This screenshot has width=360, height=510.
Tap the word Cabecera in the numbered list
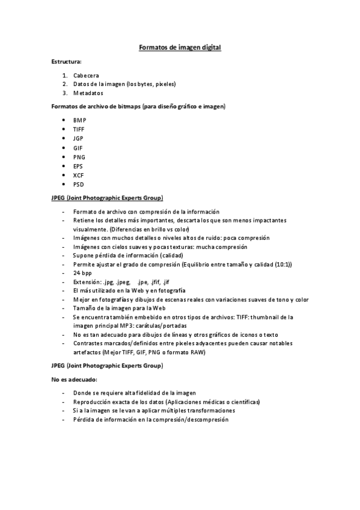pos(87,75)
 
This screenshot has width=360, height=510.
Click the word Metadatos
pos(88,93)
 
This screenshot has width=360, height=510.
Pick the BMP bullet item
pos(79,120)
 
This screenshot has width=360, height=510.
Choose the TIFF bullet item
pos(79,129)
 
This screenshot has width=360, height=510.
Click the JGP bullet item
pos(79,138)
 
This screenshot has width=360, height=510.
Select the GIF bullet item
pos(78,147)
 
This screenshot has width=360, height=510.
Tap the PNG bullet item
pos(79,157)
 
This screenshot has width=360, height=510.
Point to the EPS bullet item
pos(78,166)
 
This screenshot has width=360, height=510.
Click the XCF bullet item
pos(78,175)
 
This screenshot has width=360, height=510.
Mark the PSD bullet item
pos(78,184)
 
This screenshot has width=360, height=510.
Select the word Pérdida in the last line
pos(84,419)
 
